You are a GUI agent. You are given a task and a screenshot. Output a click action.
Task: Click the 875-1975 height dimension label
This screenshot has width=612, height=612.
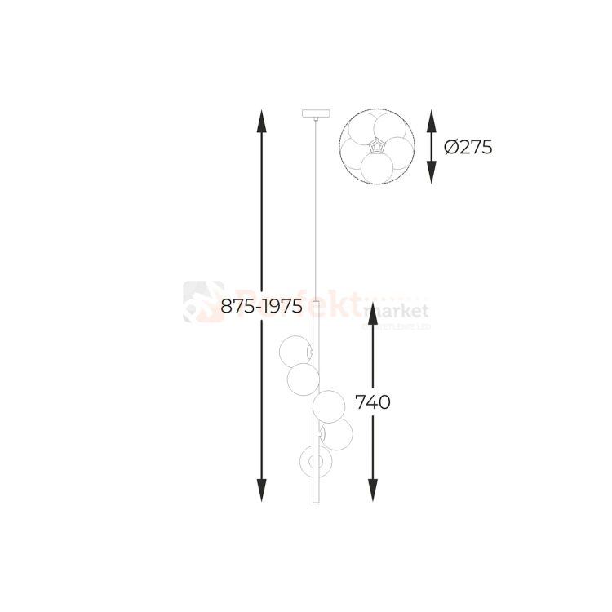click(x=262, y=307)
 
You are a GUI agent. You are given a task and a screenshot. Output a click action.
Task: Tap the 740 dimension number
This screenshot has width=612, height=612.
click(x=373, y=402)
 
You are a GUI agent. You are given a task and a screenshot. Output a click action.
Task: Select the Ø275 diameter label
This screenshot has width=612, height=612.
click(x=468, y=148)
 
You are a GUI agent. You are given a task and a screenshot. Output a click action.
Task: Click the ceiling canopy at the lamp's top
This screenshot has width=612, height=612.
click(x=314, y=113)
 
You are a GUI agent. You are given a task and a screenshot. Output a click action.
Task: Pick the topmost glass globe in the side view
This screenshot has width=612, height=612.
click(x=295, y=351)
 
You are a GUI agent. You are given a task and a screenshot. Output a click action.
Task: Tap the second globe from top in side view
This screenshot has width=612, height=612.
click(x=303, y=379)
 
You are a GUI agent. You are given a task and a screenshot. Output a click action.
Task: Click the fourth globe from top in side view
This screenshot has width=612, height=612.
click(x=336, y=434)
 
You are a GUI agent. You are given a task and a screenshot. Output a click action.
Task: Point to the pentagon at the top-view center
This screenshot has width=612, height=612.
click(x=376, y=147)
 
